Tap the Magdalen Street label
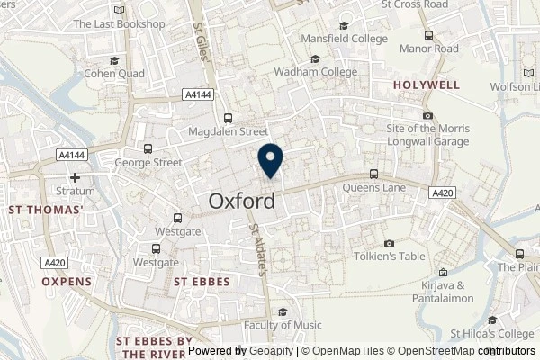229,131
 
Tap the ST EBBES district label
200,281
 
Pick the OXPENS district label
67,281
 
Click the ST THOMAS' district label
45,210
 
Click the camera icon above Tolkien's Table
389,243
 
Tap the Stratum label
76,191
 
